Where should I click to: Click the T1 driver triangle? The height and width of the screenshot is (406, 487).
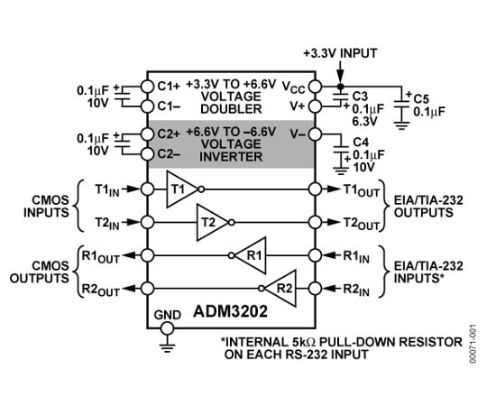click(180, 189)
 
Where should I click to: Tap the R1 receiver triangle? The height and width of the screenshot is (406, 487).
click(253, 255)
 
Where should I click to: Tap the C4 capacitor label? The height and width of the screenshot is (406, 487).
click(360, 143)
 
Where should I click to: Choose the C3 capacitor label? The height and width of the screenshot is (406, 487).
click(360, 95)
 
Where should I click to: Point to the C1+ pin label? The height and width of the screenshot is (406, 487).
click(168, 87)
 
